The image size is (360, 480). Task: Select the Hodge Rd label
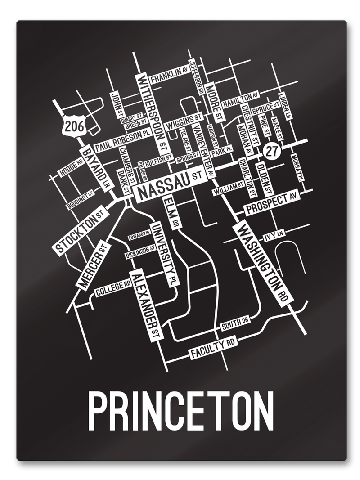pos(71,167)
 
